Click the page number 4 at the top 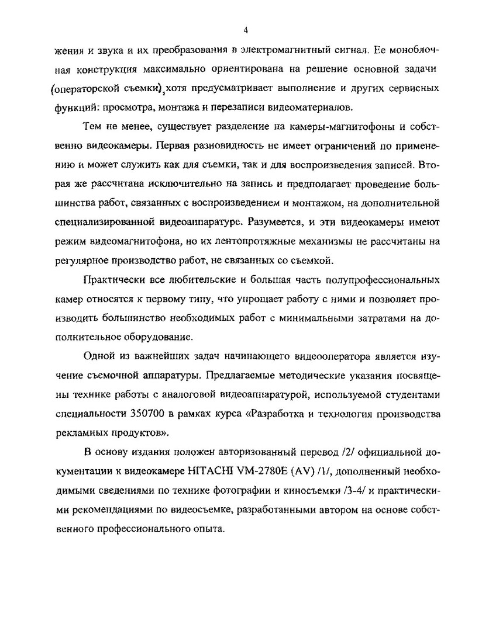tap(246, 30)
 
